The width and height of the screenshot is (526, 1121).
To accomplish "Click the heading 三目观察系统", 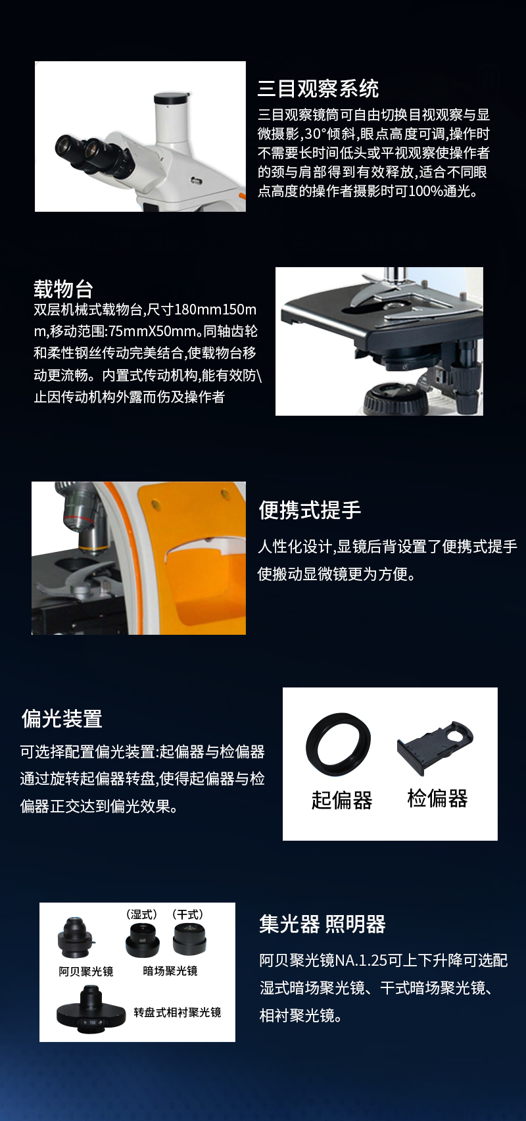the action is [x=318, y=89].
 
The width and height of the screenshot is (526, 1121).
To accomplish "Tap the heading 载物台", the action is [x=64, y=289].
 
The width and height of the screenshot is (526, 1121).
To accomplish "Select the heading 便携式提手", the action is [x=310, y=510].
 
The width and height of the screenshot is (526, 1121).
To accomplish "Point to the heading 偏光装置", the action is [x=62, y=718].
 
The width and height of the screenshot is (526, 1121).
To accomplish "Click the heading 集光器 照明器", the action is [x=322, y=924].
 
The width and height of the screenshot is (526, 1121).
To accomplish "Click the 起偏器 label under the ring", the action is [x=342, y=800].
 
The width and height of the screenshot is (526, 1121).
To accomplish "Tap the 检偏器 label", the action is [x=437, y=798].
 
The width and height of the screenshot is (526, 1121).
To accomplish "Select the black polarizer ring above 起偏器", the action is [x=339, y=744].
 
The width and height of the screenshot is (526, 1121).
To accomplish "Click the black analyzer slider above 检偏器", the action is [x=435, y=748].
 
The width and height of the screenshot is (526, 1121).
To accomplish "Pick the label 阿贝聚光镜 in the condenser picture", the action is [x=86, y=972].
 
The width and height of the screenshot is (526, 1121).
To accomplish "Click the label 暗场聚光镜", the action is [x=170, y=971].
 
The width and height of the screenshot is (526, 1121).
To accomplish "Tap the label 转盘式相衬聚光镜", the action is [x=178, y=1012].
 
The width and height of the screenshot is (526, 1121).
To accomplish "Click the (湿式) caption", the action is [x=142, y=914].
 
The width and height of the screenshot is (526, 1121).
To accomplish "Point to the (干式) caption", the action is [x=187, y=914].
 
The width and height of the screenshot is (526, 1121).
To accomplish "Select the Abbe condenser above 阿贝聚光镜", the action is [x=76, y=937].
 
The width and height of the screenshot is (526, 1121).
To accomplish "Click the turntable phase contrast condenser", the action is [x=91, y=1009].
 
